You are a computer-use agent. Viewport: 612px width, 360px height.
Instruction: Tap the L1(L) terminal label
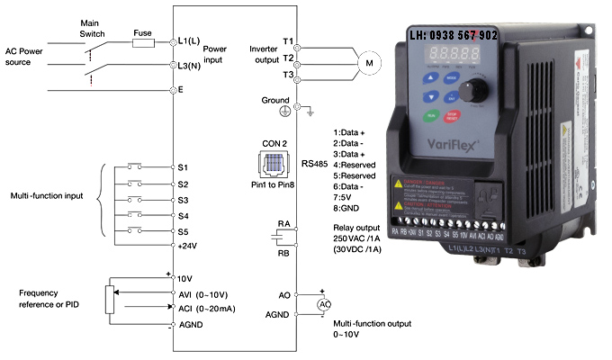click(190, 41)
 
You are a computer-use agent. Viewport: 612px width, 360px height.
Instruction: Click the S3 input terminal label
click(184, 200)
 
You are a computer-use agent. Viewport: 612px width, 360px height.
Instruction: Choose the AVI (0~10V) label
click(207, 293)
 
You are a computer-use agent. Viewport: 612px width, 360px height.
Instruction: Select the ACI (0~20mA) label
click(210, 308)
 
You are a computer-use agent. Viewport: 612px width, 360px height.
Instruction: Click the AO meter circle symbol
click(323, 304)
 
